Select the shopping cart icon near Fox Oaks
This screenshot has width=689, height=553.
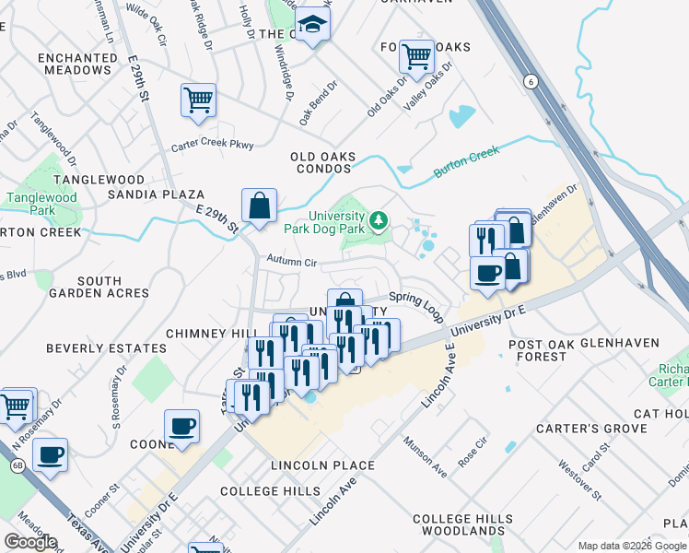click(416, 57)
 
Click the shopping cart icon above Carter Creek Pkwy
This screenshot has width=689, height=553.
click(198, 99)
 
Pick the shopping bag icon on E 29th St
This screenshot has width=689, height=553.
click(260, 205)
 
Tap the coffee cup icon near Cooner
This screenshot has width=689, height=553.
click(181, 427)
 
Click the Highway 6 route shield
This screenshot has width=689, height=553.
click(530, 82)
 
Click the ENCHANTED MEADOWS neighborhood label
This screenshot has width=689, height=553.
click(76, 64)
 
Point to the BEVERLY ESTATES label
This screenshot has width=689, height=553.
click(106, 349)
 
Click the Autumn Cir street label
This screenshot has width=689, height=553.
click(292, 264)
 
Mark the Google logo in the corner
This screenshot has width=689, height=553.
click(30, 542)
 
